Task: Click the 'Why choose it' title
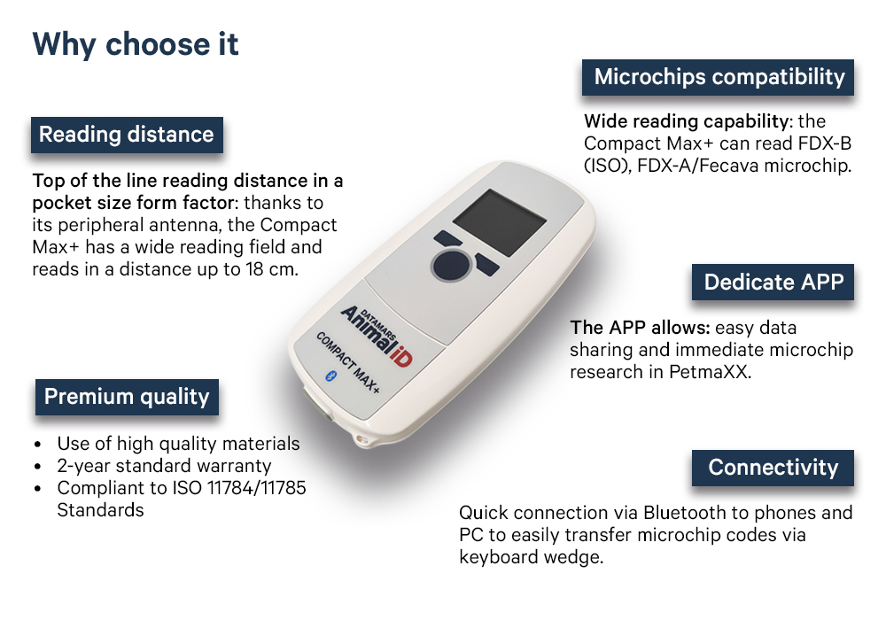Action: (x=136, y=45)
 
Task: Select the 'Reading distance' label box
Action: (x=127, y=135)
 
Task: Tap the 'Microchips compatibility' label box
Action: (x=719, y=77)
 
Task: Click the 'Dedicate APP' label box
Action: (x=773, y=282)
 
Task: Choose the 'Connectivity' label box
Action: (x=773, y=468)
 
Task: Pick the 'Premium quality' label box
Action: (x=127, y=397)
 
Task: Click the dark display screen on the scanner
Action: (x=500, y=222)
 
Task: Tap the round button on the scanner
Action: (x=451, y=265)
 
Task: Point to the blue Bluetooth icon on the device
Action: (x=330, y=376)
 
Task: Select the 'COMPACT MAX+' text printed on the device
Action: (x=347, y=362)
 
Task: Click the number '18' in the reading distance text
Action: (x=255, y=269)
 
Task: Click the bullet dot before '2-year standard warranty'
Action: (x=38, y=467)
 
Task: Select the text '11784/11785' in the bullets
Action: (x=257, y=488)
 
